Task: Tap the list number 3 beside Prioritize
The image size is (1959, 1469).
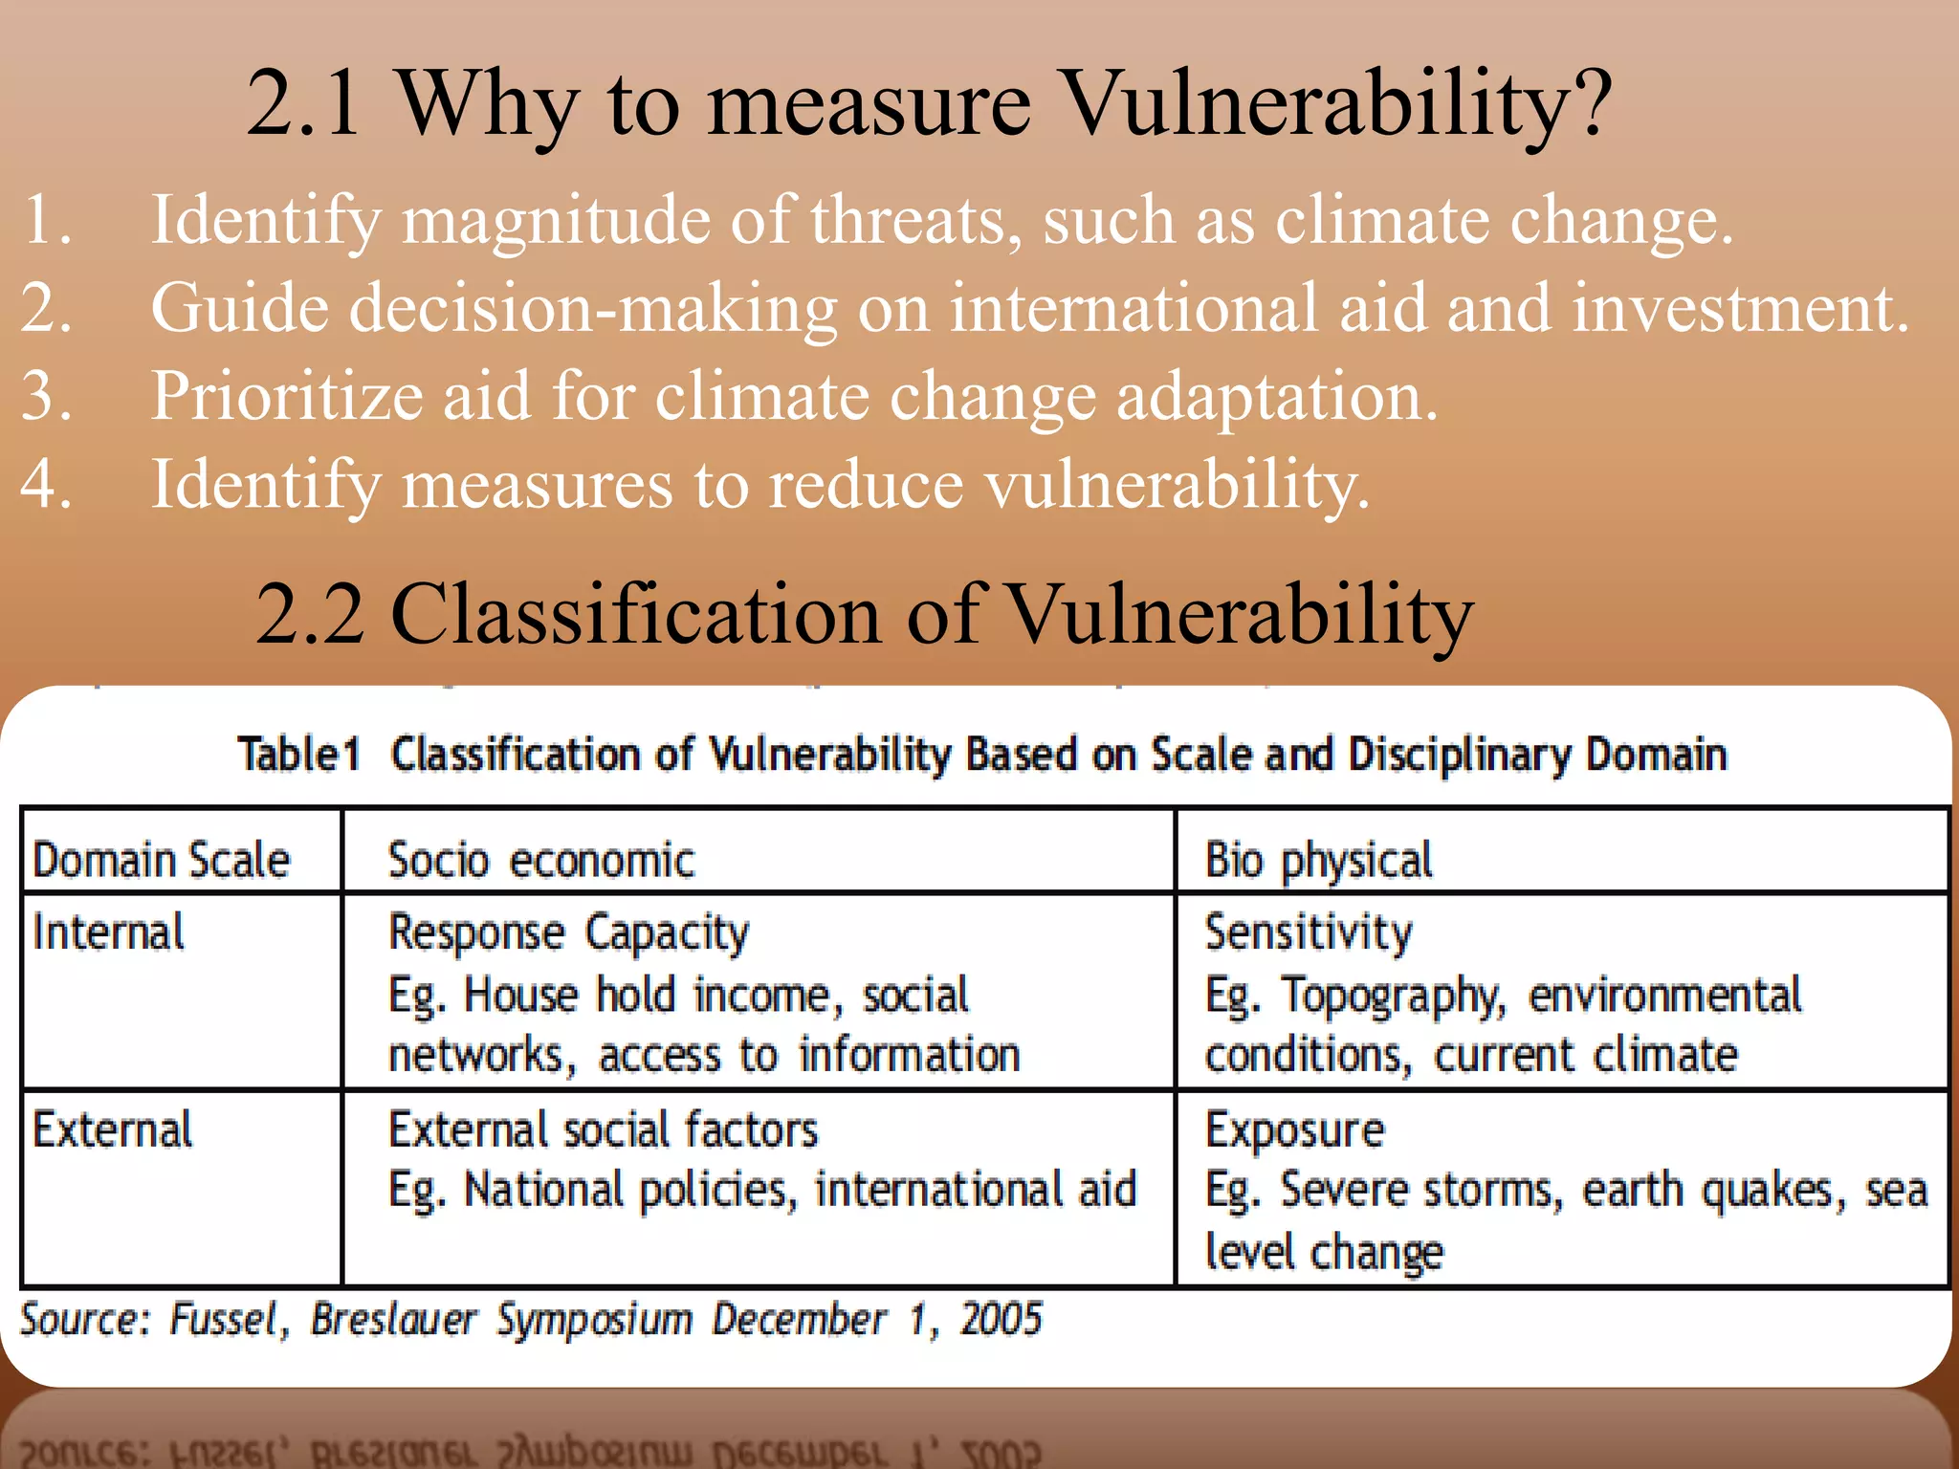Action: click(46, 396)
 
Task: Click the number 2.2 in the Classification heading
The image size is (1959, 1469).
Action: click(310, 615)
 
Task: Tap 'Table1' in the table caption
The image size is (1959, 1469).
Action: click(298, 755)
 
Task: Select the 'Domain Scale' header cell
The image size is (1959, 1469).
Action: click(161, 859)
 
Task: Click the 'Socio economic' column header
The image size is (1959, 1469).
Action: click(540, 859)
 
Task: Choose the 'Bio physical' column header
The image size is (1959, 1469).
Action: click(1318, 860)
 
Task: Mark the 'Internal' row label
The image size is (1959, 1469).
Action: click(108, 932)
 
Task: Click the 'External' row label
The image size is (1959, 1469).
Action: click(112, 1129)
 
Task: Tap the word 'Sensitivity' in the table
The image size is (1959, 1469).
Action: click(1308, 932)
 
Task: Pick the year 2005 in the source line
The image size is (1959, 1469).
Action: click(1001, 1320)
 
